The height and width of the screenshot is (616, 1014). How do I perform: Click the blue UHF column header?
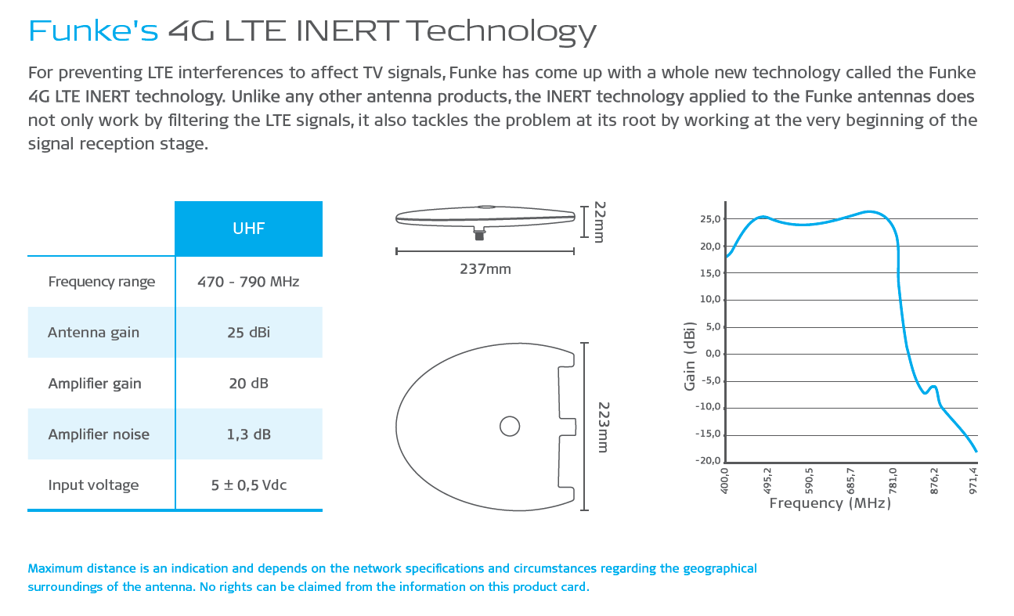[248, 229]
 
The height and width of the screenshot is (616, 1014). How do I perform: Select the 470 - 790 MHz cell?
[248, 282]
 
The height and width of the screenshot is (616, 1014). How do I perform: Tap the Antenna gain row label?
[93, 333]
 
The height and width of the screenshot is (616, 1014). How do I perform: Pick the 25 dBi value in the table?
[248, 333]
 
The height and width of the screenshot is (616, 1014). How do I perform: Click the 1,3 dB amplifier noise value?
[248, 434]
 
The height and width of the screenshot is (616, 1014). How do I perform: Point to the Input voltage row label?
[93, 485]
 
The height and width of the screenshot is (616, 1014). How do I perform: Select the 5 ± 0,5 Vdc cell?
[248, 485]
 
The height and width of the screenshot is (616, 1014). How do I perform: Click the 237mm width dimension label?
[485, 269]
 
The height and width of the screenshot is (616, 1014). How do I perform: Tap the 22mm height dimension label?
[599, 222]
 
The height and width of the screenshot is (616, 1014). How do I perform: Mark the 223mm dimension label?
[603, 427]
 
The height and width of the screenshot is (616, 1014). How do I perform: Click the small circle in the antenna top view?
[510, 426]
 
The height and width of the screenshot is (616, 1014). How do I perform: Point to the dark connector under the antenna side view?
[479, 234]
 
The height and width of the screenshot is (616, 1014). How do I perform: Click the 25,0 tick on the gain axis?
[710, 219]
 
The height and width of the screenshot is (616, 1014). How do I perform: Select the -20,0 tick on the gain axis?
[708, 461]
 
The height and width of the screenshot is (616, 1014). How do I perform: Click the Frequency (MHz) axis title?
[830, 503]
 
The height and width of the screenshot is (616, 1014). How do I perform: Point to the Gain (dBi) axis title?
[690, 355]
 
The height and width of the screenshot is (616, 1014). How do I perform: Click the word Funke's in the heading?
[93, 31]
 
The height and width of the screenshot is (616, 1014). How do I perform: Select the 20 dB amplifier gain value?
[248, 384]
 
